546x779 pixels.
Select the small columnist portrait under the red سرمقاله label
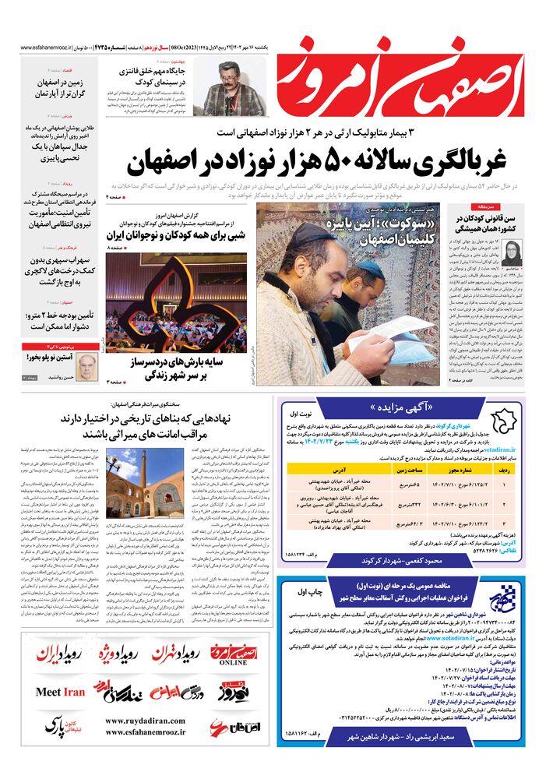tap(514, 255)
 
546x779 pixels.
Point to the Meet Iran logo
tap(60, 692)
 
